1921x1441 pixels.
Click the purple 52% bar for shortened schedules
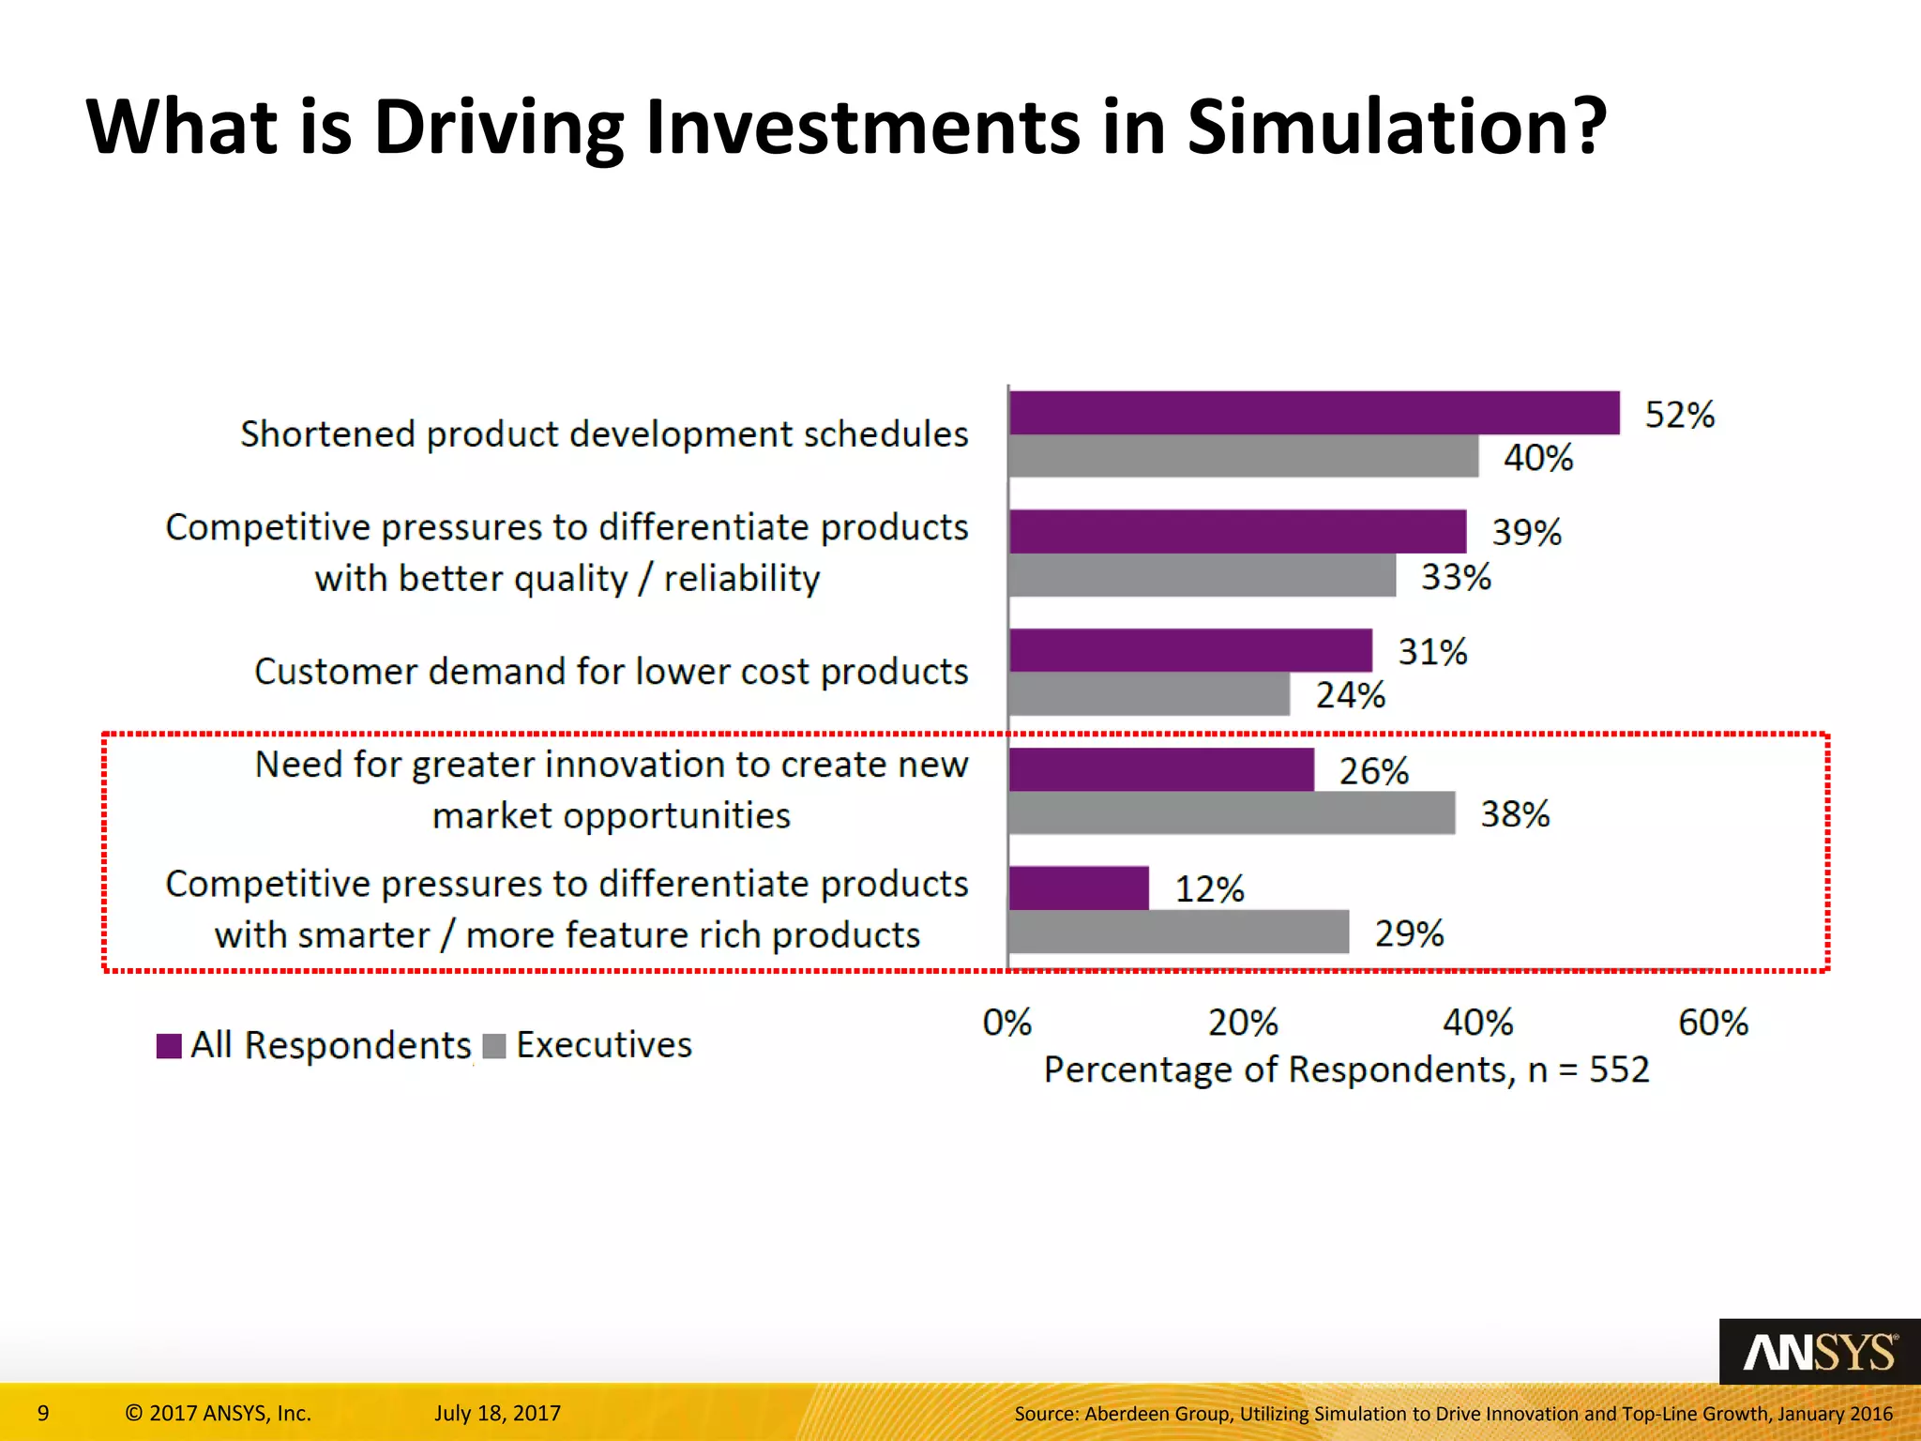[1313, 413]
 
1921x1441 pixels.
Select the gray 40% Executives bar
[1243, 456]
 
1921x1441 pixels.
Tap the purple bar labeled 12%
[1079, 887]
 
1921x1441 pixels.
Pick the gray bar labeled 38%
[1231, 812]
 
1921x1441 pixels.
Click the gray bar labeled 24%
[1149, 694]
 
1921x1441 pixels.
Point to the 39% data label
[1526, 533]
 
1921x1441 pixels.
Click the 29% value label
[1409, 933]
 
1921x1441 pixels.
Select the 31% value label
[1432, 652]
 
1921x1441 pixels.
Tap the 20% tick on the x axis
[1243, 1023]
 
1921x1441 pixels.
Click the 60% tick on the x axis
[1713, 1023]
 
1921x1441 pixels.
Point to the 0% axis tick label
[1007, 1023]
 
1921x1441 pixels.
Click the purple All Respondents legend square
[169, 1046]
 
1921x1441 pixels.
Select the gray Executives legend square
[494, 1046]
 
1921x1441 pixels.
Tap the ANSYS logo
[1819, 1353]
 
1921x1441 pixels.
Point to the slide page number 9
[43, 1413]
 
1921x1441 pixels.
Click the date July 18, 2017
[497, 1413]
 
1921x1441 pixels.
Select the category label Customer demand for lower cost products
[611, 672]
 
